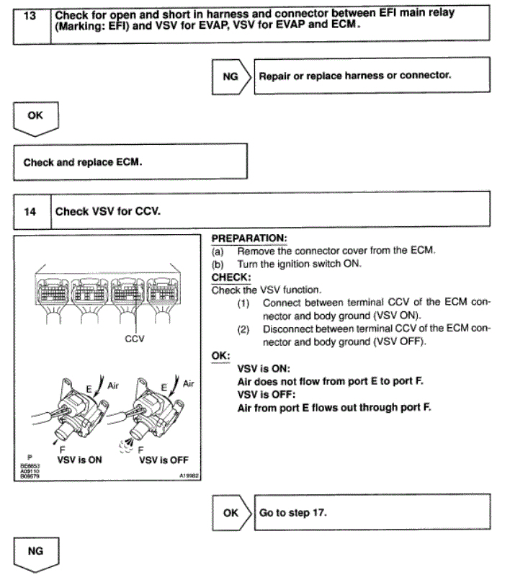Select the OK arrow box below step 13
(x=33, y=118)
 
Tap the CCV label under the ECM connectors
(x=135, y=339)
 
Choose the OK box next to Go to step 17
(x=230, y=513)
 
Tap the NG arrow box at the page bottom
(x=33, y=553)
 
